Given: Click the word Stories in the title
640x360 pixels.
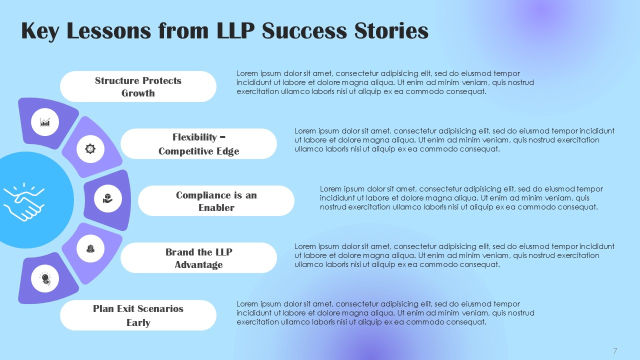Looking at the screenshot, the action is (x=391, y=30).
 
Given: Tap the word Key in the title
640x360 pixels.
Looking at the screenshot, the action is (x=40, y=31).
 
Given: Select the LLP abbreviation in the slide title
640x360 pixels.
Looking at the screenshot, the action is (x=235, y=30).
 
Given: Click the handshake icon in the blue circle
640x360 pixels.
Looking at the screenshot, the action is (x=24, y=202).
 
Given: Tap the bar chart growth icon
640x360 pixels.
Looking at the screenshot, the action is (x=45, y=122).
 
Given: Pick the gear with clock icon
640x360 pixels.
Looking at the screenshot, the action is (x=90, y=149).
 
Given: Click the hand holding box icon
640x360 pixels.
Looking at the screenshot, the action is (x=107, y=198).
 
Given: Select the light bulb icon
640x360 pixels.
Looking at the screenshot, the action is (x=45, y=278).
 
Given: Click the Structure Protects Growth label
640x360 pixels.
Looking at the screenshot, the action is (x=138, y=86).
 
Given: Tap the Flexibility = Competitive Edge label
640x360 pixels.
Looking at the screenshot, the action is (x=198, y=143).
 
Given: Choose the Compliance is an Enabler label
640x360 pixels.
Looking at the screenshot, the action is (x=216, y=201).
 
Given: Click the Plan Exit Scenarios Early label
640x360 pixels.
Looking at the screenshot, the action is (x=138, y=315).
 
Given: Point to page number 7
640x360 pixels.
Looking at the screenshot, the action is (x=615, y=351).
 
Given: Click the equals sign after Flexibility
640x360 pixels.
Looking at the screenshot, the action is (x=222, y=137).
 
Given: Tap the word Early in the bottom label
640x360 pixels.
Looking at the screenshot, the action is (x=138, y=322).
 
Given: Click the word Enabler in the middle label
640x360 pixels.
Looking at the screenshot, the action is (x=216, y=207).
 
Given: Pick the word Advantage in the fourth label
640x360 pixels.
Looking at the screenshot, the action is (x=198, y=265).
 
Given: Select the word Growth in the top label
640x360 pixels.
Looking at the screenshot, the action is (x=138, y=93).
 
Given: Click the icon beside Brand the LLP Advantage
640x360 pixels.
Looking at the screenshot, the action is (x=90, y=248).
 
